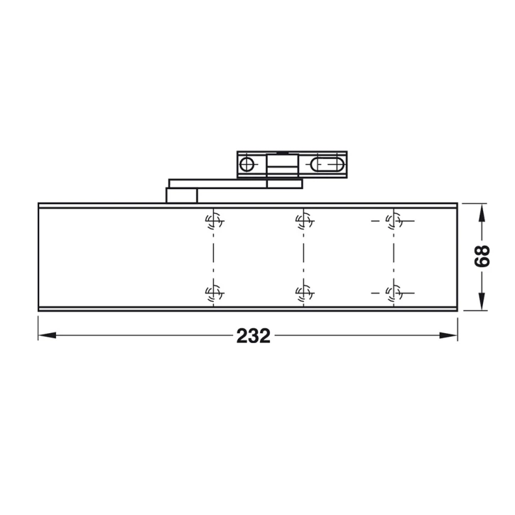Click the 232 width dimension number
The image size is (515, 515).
coord(254,336)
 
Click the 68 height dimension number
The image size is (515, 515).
coord(482,256)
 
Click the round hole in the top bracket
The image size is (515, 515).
coord(246,165)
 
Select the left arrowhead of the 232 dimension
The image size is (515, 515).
coord(44,335)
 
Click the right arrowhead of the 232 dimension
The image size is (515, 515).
coord(452,335)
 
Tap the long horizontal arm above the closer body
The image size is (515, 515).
coord(234,183)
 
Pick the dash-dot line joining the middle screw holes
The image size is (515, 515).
coord(302,256)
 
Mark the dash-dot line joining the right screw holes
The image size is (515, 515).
coord(391,256)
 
